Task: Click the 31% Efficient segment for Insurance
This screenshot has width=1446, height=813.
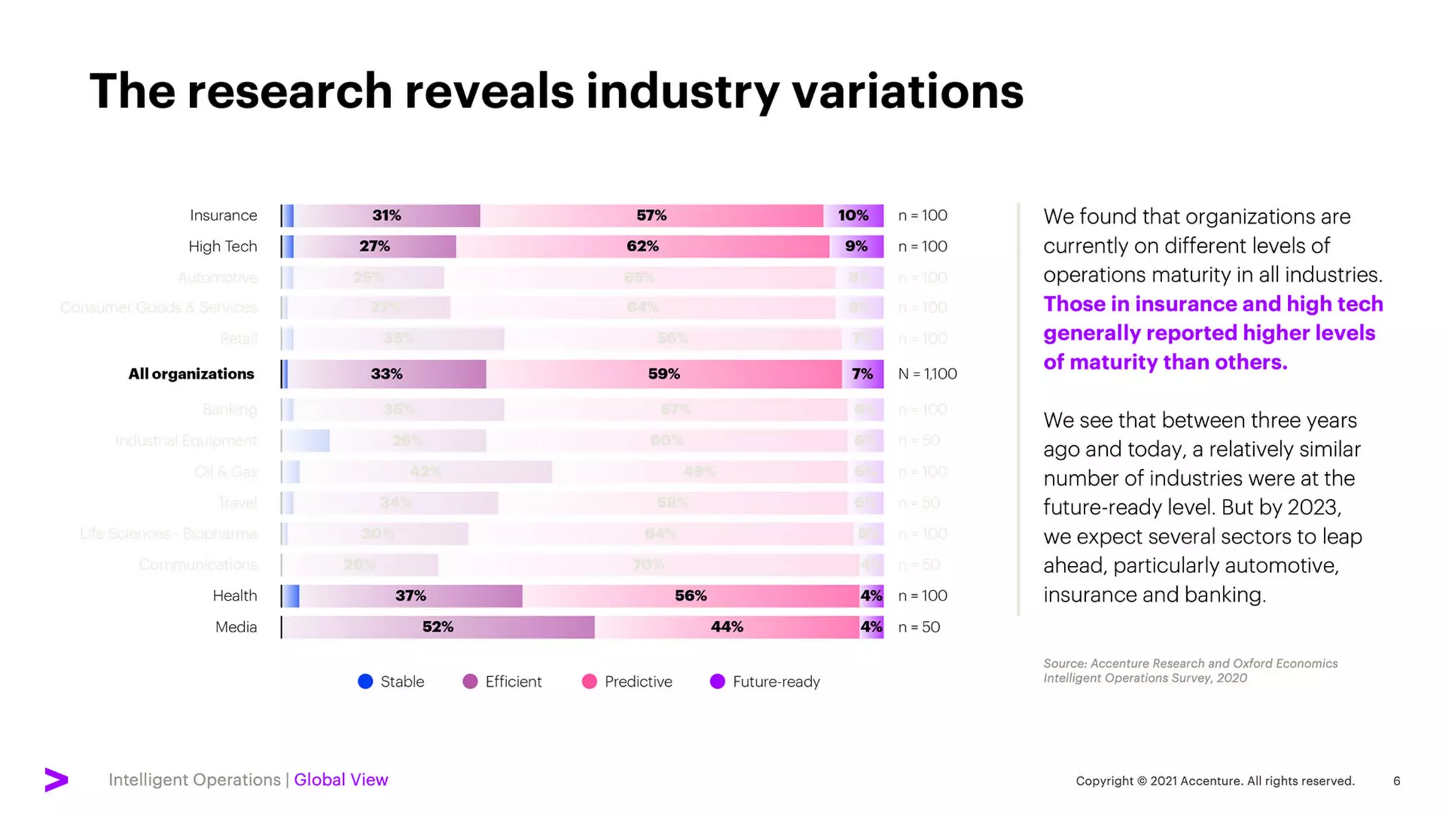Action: click(386, 215)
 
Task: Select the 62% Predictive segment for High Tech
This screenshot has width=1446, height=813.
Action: click(642, 246)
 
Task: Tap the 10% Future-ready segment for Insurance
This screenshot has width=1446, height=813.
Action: click(853, 215)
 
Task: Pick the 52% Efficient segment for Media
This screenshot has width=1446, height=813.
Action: click(438, 627)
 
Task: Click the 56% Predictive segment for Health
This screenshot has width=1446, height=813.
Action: click(690, 596)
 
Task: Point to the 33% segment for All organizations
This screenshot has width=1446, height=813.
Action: click(386, 374)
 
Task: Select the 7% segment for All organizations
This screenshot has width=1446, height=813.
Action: click(862, 374)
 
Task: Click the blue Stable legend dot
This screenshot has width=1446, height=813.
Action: click(365, 681)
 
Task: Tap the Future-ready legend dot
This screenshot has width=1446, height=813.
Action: click(717, 681)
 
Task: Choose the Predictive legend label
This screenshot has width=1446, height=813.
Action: click(638, 682)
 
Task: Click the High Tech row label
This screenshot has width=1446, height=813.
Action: click(222, 246)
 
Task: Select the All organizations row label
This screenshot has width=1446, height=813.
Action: click(191, 374)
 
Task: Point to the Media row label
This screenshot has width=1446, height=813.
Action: click(236, 627)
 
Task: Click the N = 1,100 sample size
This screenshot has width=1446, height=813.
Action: click(927, 374)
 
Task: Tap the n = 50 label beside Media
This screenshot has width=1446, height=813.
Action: click(919, 627)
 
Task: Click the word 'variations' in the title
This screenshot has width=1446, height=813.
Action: click(907, 92)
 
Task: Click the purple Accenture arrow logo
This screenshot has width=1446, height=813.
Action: click(56, 779)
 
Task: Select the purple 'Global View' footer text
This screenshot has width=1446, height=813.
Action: click(341, 780)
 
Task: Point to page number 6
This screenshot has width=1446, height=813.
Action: click(1397, 781)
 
